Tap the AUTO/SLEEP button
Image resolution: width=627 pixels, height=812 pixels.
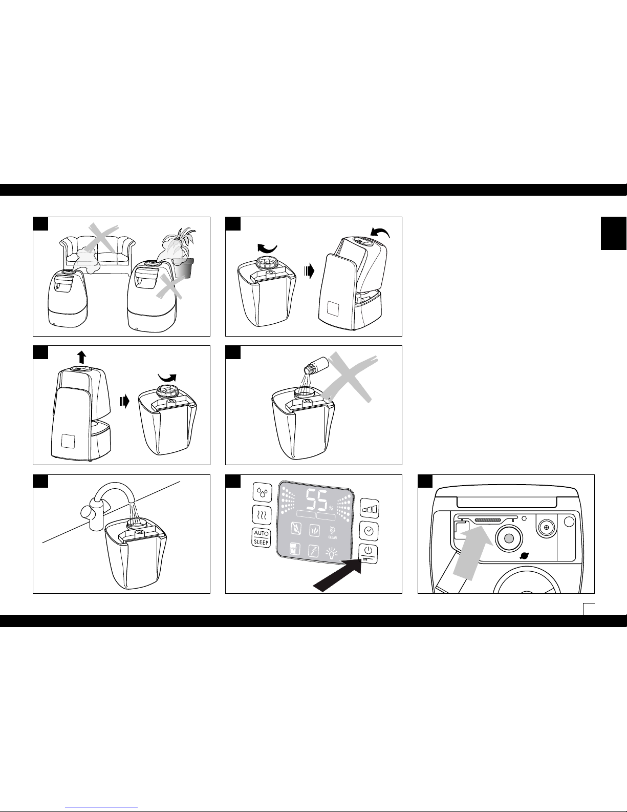tap(261, 537)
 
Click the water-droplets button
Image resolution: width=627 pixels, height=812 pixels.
tap(262, 492)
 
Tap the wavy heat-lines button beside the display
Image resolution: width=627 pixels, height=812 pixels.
tap(262, 514)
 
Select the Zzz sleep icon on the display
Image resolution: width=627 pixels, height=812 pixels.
tap(313, 551)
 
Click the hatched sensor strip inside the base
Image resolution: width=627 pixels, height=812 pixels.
tap(493, 519)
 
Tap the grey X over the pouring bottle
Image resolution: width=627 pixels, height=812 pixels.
tap(353, 377)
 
